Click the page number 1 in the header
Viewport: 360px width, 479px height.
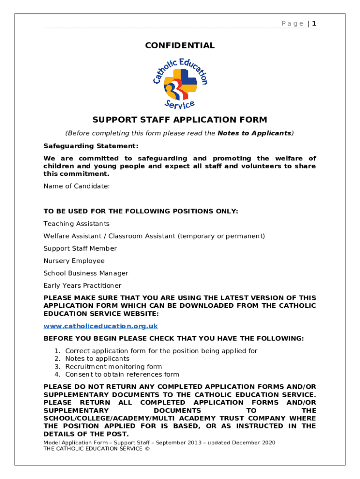pos(315,23)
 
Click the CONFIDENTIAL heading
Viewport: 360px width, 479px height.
pos(180,45)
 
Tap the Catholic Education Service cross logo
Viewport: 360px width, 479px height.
pos(180,84)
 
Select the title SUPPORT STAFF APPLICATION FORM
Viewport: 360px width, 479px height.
pos(180,120)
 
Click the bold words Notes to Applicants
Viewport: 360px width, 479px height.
pos(254,133)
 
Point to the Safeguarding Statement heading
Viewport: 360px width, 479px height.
pos(91,146)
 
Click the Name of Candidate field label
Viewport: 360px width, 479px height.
pos(77,186)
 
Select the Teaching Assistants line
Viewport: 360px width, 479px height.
pos(77,224)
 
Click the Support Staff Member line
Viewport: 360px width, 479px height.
pos(80,248)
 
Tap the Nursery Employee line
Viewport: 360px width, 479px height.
pos(74,261)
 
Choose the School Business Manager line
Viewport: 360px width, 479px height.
pos(86,273)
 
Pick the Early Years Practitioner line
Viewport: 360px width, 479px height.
pos(82,285)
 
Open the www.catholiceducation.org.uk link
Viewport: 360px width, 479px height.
pos(101,326)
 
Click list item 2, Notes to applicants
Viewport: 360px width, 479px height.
pos(97,359)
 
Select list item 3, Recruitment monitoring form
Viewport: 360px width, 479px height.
pos(114,367)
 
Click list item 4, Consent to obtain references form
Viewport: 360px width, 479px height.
pos(122,374)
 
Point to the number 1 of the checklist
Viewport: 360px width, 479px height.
pos(57,351)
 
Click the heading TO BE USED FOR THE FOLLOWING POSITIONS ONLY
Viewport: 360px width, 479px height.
pos(141,211)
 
